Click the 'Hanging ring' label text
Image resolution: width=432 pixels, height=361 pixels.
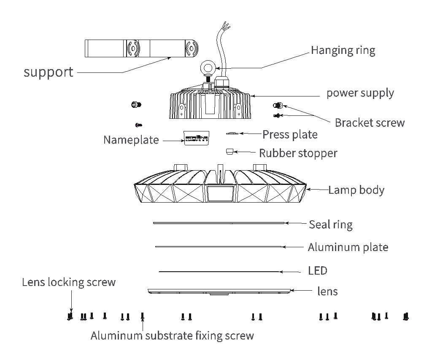343,50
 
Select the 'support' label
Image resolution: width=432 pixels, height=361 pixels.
49,72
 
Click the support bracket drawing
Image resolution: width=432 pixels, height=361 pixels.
141,49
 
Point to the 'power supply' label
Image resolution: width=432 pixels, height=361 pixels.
360,93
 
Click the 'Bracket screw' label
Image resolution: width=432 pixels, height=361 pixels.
370,123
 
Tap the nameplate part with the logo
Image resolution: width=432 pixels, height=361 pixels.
197,137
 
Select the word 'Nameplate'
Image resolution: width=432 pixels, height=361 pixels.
131,139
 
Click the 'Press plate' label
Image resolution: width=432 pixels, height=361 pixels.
290,134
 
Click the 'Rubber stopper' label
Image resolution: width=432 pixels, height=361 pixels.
298,153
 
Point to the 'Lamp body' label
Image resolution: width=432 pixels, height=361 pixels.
356,190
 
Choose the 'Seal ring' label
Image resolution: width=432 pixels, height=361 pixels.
330,224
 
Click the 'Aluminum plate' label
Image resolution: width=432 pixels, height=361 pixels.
348,247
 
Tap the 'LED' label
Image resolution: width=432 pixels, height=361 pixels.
318,270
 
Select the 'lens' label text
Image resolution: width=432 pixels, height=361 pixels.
327,291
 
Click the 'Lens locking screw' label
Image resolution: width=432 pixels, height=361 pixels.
69,282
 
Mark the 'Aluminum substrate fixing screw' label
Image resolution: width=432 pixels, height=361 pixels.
172,336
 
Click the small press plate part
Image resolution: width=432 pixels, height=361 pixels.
232,134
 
